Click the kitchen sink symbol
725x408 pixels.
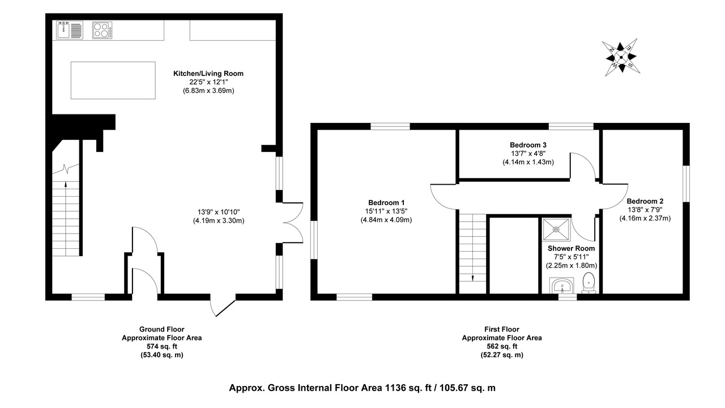pos(70,30)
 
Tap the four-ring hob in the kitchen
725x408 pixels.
pos(103,30)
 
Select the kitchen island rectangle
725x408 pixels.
pos(113,80)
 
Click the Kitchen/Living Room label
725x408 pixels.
pos(208,74)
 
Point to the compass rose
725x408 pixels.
pos(621,57)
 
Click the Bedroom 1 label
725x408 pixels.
pos(386,203)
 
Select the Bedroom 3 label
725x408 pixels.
pos(528,144)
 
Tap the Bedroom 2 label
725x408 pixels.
pos(645,201)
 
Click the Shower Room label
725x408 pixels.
pos(572,248)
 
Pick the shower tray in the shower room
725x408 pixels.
pos(556,229)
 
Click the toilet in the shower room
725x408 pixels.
pos(588,283)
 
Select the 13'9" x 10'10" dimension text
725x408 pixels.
pos(219,212)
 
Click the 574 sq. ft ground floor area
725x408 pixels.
pos(162,346)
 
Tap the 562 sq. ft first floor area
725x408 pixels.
pos(502,346)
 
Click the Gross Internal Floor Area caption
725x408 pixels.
pos(362,388)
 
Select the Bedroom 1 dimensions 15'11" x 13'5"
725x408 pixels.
pos(386,211)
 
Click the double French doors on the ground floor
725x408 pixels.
pos(293,223)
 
